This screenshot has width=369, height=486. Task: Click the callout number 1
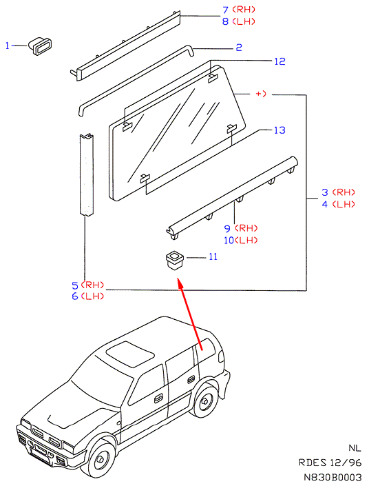tap(8, 46)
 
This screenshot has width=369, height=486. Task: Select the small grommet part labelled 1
tap(40, 46)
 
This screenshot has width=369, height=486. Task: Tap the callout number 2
tap(239, 48)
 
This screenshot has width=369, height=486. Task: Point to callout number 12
tap(280, 61)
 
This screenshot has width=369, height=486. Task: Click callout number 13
tap(280, 130)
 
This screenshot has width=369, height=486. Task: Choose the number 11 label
tap(213, 256)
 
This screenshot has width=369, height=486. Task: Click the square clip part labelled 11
tap(175, 260)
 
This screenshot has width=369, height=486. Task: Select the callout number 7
tap(226, 10)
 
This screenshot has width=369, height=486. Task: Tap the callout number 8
tap(226, 21)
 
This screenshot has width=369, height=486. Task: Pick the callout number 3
tap(325, 192)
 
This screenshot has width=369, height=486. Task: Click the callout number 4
tap(325, 204)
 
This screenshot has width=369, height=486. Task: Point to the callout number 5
tap(75, 285)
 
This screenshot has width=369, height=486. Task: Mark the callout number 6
tap(75, 296)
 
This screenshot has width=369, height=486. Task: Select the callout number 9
tap(228, 228)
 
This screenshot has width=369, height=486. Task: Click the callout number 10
tap(229, 240)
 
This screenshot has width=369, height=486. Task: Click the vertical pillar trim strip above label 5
tap(87, 174)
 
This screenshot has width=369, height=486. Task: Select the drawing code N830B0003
tap(332, 477)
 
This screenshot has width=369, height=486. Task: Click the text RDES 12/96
tap(330, 463)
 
